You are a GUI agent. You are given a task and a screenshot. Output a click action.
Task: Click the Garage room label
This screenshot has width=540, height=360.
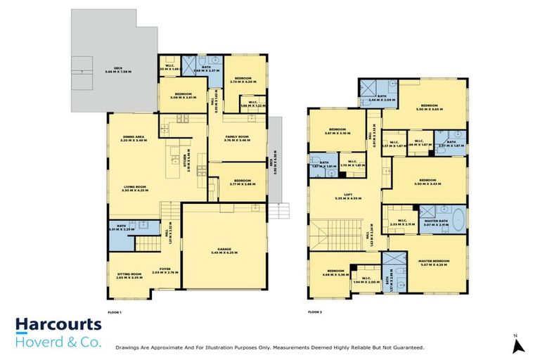pos(224,247)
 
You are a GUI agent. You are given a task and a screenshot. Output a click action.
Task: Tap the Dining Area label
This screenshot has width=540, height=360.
pos(133,139)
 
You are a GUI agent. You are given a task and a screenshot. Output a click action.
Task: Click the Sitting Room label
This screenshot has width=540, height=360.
pos(129,275)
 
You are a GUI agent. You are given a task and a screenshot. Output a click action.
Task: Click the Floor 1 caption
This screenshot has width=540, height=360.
pos(115,311)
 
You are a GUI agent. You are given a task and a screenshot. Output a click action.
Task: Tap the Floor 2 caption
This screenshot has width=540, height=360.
pos(316,311)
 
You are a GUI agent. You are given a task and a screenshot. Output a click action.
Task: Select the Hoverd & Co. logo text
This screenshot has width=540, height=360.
pos(58,342)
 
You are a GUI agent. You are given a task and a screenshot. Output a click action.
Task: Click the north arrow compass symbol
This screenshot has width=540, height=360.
pos(517,345)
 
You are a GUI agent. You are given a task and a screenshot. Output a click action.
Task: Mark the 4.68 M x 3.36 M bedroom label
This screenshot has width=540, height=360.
pos(333,273)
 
